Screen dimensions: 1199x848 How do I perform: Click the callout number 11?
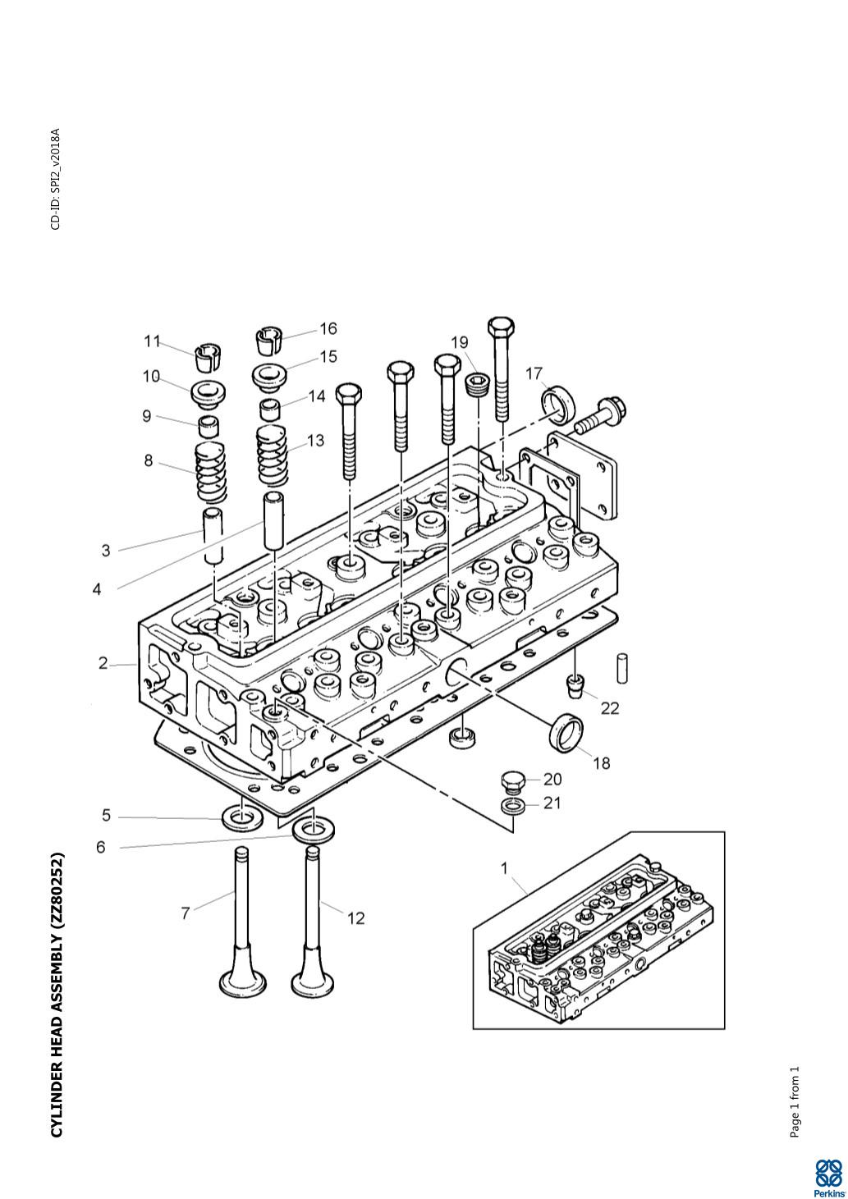pyautogui.click(x=153, y=341)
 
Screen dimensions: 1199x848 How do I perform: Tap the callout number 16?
pyautogui.click(x=328, y=329)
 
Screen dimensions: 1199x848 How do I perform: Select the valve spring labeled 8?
pyautogui.click(x=210, y=473)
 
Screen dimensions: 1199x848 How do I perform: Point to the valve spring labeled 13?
pyautogui.click(x=274, y=456)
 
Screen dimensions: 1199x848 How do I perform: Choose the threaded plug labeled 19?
pyautogui.click(x=476, y=384)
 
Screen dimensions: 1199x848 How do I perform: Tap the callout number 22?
pyautogui.click(x=610, y=707)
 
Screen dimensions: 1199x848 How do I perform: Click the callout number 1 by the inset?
pyautogui.click(x=505, y=867)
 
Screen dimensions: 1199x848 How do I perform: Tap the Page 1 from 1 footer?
pyautogui.click(x=794, y=1102)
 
